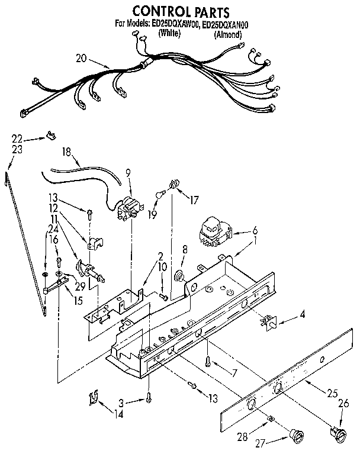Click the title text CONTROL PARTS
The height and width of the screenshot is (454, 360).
pos(180,11)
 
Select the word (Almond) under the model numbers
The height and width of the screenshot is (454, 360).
pos(228,35)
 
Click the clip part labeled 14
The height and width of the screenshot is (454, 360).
pos(93,398)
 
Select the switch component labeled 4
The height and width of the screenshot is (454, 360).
pos(269,322)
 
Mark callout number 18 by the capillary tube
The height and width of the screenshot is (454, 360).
pos(67,152)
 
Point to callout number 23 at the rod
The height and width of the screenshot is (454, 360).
pos(17,149)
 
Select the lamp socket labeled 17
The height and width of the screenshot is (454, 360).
pos(174,185)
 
